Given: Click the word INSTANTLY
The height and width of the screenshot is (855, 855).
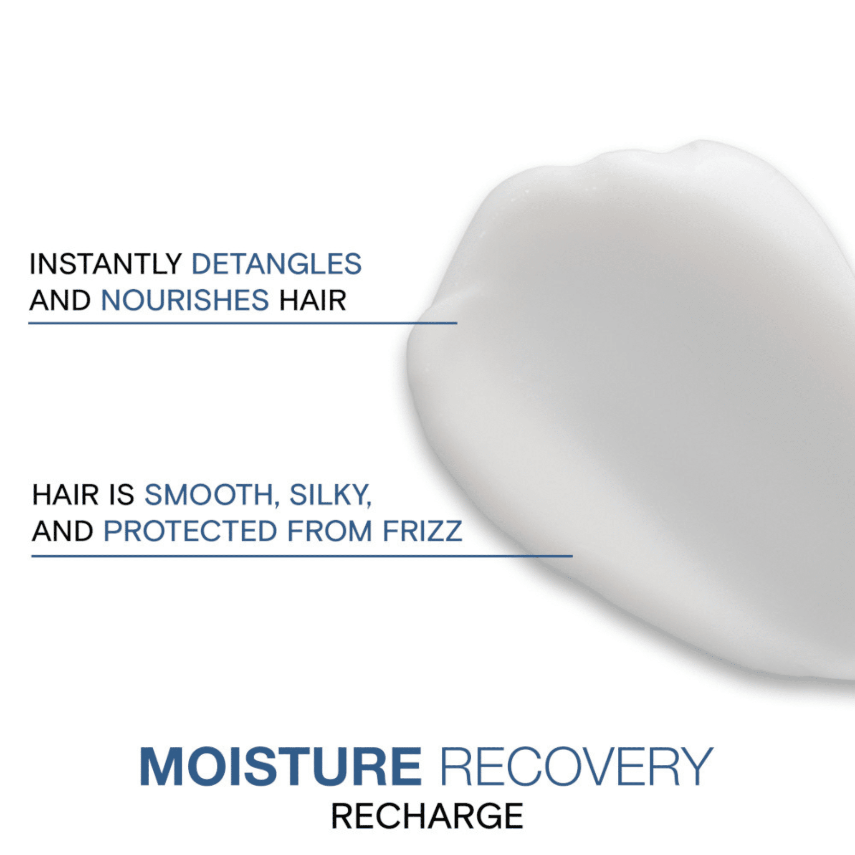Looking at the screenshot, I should [105, 264].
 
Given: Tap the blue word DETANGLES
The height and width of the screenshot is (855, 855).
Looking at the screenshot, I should [276, 264].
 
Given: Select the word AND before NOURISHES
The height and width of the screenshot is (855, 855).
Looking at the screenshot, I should [60, 301].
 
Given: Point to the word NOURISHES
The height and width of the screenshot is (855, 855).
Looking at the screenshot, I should [185, 301].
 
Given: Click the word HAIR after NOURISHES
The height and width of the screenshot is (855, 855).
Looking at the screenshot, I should [312, 301].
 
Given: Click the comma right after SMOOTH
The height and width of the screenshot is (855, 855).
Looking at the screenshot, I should [277, 503].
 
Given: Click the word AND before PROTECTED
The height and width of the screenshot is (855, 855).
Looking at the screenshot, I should [62, 531].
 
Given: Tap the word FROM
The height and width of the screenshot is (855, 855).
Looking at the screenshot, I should [330, 531].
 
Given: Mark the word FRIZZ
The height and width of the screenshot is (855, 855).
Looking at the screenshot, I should [422, 531].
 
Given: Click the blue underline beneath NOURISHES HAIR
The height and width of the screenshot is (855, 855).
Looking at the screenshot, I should [243, 324].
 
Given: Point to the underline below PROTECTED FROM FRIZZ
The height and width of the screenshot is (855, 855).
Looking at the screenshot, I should [302, 556].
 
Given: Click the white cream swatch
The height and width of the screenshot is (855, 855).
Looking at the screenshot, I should [642, 398].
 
